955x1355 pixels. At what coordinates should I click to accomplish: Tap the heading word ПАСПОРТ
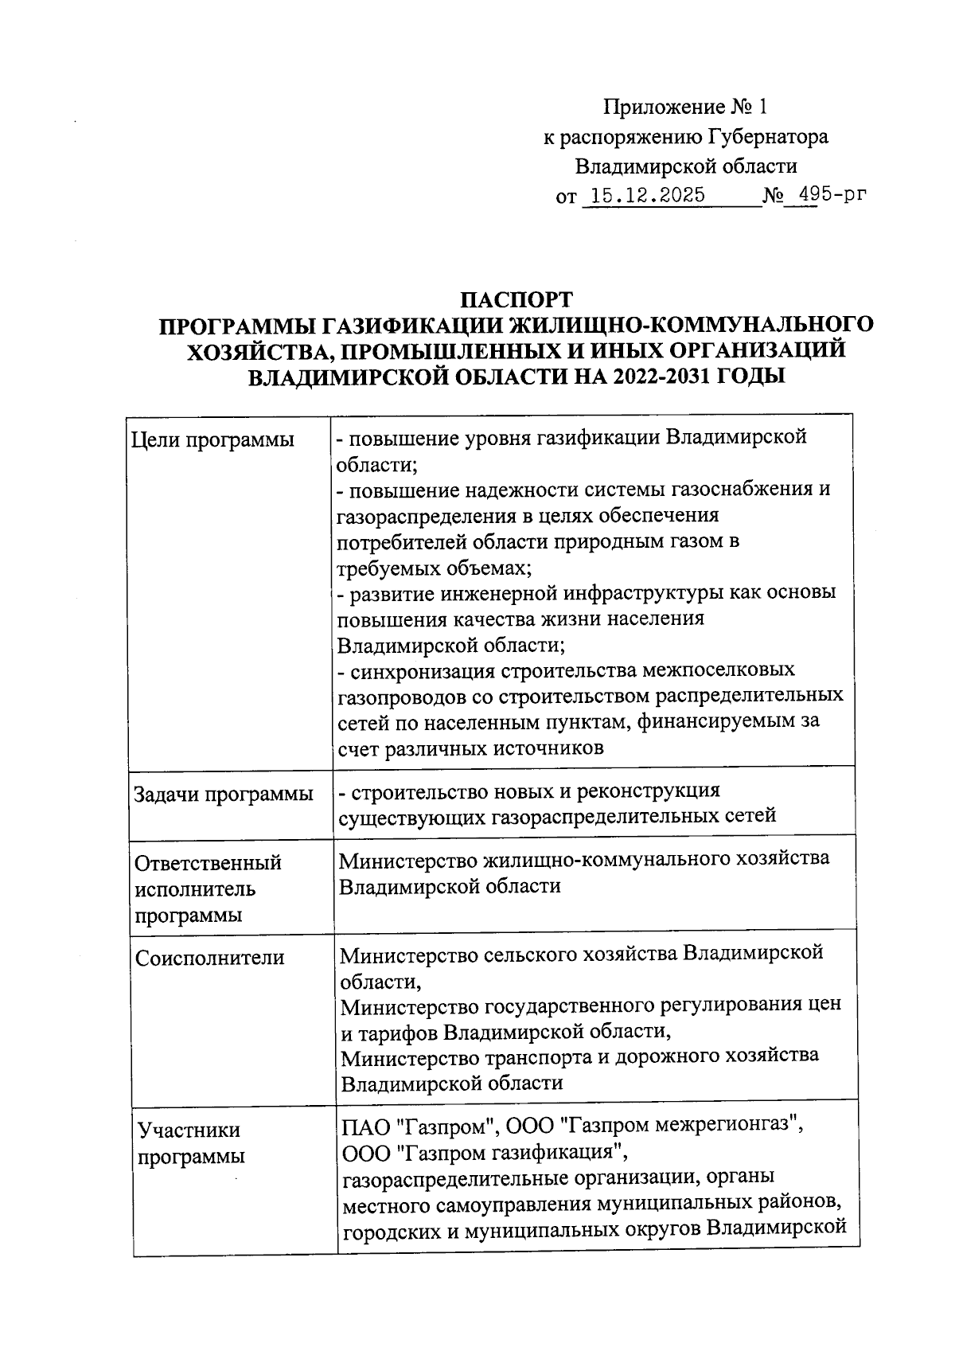tap(517, 300)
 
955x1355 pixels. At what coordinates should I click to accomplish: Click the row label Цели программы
tap(212, 439)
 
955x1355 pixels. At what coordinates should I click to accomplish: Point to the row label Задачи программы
tap(224, 794)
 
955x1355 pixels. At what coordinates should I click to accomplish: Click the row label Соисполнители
tap(209, 957)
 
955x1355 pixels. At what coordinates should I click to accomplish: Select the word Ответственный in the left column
tap(208, 863)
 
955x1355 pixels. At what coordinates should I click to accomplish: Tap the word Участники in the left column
tap(189, 1130)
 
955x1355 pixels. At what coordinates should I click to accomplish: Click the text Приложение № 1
tap(687, 107)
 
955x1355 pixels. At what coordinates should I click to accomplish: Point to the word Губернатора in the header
tap(767, 137)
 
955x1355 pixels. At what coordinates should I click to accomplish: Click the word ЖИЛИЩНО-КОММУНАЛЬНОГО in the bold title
tap(690, 325)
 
